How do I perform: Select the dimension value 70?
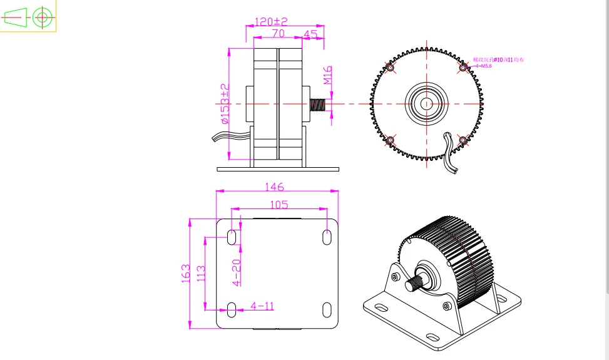click(x=279, y=33)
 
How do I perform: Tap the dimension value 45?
click(x=310, y=33)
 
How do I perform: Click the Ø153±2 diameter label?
click(x=225, y=103)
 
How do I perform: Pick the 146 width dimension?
click(x=275, y=187)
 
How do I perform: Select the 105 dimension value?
click(x=279, y=204)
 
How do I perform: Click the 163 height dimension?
click(x=186, y=274)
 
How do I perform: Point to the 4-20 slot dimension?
click(x=237, y=273)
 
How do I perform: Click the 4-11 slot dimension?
click(x=262, y=306)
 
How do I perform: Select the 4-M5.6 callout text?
click(x=483, y=65)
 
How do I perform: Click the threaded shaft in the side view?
click(x=319, y=104)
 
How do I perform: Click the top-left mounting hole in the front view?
click(x=391, y=68)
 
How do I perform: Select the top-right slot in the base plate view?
click(x=327, y=237)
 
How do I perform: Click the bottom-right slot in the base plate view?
click(x=327, y=309)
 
